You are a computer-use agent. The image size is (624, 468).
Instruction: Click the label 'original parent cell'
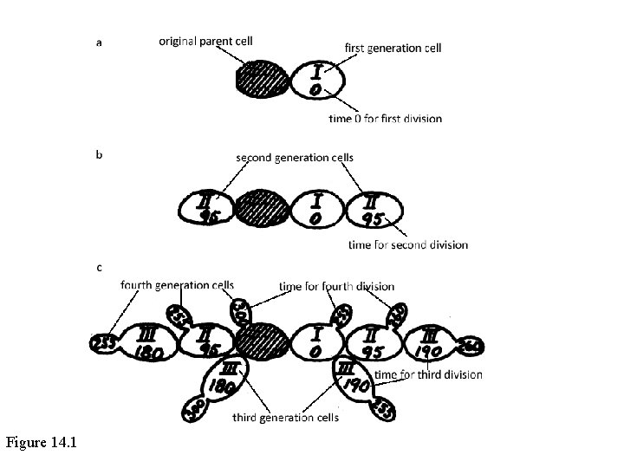click(205, 41)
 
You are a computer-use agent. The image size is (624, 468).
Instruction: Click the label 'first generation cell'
click(393, 48)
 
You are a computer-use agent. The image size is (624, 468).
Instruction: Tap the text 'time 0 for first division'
click(385, 118)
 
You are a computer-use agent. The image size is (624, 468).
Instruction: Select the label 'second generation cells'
click(295, 158)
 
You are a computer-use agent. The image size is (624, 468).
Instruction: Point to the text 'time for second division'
click(406, 244)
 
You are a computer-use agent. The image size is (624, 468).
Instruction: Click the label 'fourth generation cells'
click(177, 285)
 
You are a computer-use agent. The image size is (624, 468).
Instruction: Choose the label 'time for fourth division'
click(337, 286)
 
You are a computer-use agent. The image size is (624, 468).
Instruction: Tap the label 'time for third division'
click(429, 374)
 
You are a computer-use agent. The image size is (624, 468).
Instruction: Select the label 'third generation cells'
click(285, 418)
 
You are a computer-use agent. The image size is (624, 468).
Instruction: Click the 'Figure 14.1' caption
click(42, 443)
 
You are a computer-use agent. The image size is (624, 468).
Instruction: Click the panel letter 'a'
click(99, 42)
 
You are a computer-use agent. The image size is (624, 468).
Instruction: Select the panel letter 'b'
click(99, 155)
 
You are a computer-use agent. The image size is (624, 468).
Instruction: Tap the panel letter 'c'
click(99, 268)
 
